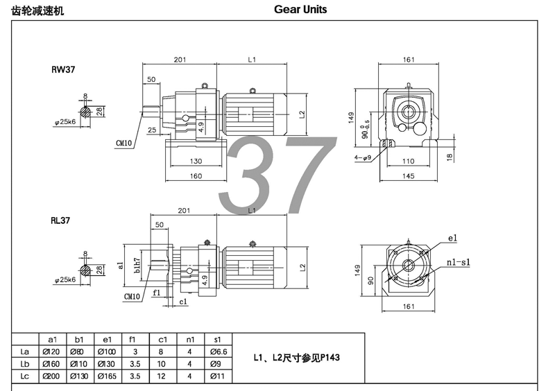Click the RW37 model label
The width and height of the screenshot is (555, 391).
pyautogui.click(x=63, y=69)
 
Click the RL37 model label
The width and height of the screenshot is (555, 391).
pyautogui.click(x=60, y=220)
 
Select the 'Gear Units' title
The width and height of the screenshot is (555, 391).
pyautogui.click(x=300, y=10)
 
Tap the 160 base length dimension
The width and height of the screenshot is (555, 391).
pyautogui.click(x=196, y=176)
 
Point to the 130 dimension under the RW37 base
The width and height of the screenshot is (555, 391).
pyautogui.click(x=196, y=161)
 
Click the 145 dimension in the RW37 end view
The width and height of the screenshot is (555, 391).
pyautogui.click(x=408, y=176)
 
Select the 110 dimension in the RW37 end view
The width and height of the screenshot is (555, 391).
pyautogui.click(x=408, y=161)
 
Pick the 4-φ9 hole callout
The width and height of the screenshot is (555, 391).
pyautogui.click(x=363, y=157)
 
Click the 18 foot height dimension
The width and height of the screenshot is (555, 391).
pyautogui.click(x=450, y=157)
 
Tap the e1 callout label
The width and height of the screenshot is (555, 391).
pyautogui.click(x=453, y=238)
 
